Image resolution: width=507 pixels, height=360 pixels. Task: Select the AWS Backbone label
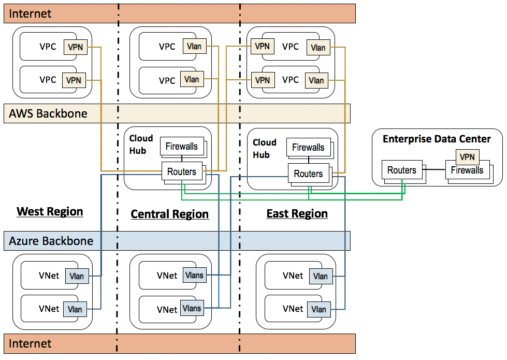click(x=48, y=113)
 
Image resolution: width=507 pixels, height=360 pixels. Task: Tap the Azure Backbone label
click(x=51, y=241)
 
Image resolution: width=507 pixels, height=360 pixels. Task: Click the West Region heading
click(x=50, y=211)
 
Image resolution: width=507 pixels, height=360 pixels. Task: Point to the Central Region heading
click(x=169, y=214)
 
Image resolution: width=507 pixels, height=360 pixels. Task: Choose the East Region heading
click(x=297, y=213)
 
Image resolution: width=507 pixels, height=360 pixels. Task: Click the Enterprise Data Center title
click(x=437, y=139)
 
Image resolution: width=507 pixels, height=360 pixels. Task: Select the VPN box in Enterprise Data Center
click(x=467, y=157)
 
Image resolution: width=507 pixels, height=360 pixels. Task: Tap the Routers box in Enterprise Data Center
click(x=402, y=170)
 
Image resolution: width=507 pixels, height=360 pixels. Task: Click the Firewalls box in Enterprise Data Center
click(x=467, y=170)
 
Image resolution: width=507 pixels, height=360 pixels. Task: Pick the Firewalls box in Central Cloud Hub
click(x=181, y=147)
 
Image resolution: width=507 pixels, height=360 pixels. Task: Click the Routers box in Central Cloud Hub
click(x=182, y=171)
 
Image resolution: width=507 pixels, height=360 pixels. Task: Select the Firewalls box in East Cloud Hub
click(x=308, y=148)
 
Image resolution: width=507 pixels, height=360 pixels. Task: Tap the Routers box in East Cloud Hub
click(x=308, y=174)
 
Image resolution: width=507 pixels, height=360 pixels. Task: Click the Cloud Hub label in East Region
click(x=264, y=148)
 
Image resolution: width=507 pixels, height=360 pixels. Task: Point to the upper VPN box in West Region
click(x=74, y=47)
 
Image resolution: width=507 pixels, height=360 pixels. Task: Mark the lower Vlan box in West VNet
click(x=75, y=309)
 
